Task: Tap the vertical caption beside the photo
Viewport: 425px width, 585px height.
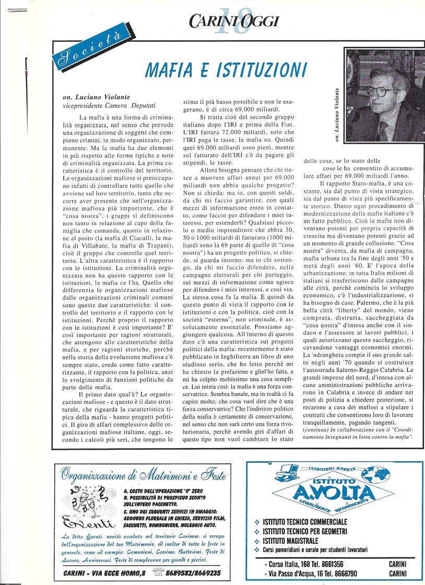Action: pyautogui.click(x=338, y=114)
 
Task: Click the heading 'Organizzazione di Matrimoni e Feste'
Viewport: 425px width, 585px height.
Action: pyautogui.click(x=143, y=475)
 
